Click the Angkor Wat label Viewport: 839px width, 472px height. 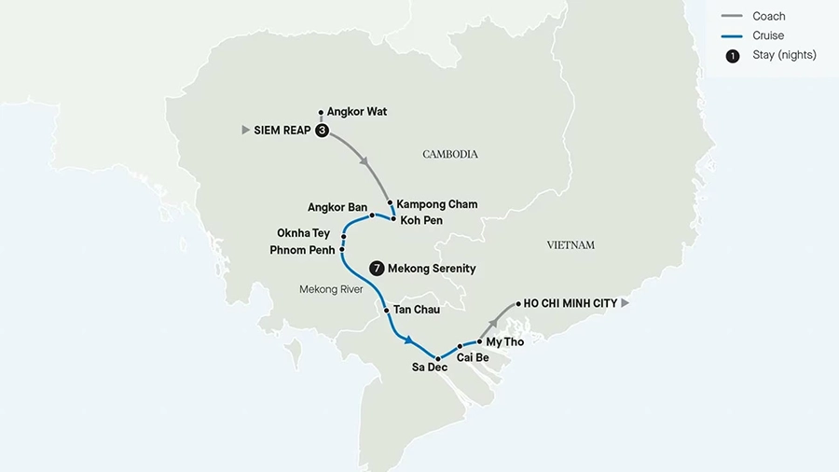tap(356, 112)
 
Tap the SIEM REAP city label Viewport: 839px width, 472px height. tap(282, 131)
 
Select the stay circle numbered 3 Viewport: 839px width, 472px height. tap(322, 131)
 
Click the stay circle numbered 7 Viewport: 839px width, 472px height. tap(377, 268)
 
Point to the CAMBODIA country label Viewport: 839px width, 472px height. tap(450, 154)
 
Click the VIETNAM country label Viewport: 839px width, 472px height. tap(571, 245)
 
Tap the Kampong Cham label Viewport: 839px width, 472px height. tap(436, 204)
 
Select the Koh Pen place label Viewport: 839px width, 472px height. tap(421, 220)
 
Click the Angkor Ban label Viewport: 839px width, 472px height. tap(337, 207)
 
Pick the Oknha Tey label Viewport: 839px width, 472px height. tap(303, 233)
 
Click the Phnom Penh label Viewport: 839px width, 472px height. tap(302, 250)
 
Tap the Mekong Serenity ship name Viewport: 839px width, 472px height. tap(433, 269)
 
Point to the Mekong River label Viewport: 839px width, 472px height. tap(331, 290)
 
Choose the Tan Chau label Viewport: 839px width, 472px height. tap(417, 309)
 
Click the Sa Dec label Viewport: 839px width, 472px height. tap(430, 368)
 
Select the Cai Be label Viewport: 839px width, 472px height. tap(474, 357)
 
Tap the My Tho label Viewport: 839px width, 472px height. tap(505, 342)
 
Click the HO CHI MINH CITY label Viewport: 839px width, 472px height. tap(571, 304)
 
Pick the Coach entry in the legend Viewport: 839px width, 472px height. tap(768, 16)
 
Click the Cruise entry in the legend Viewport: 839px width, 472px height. tap(768, 35)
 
